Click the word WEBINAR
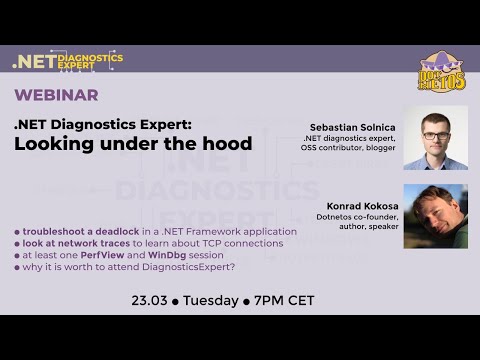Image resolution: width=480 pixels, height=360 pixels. click(56, 95)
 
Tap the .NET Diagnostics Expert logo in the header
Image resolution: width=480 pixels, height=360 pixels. click(67, 60)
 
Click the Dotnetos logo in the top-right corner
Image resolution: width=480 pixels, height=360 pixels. click(441, 72)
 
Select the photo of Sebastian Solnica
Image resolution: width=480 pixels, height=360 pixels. click(435, 137)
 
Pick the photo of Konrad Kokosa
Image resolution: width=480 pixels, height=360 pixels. click(435, 215)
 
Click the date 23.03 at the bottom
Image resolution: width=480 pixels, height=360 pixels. click(149, 300)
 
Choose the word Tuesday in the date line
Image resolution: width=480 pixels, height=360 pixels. click(211, 300)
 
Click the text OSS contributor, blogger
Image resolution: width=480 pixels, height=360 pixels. click(349, 148)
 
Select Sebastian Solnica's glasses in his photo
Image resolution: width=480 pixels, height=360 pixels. click(435, 134)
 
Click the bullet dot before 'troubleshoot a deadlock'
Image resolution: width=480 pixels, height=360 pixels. click(16, 231)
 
